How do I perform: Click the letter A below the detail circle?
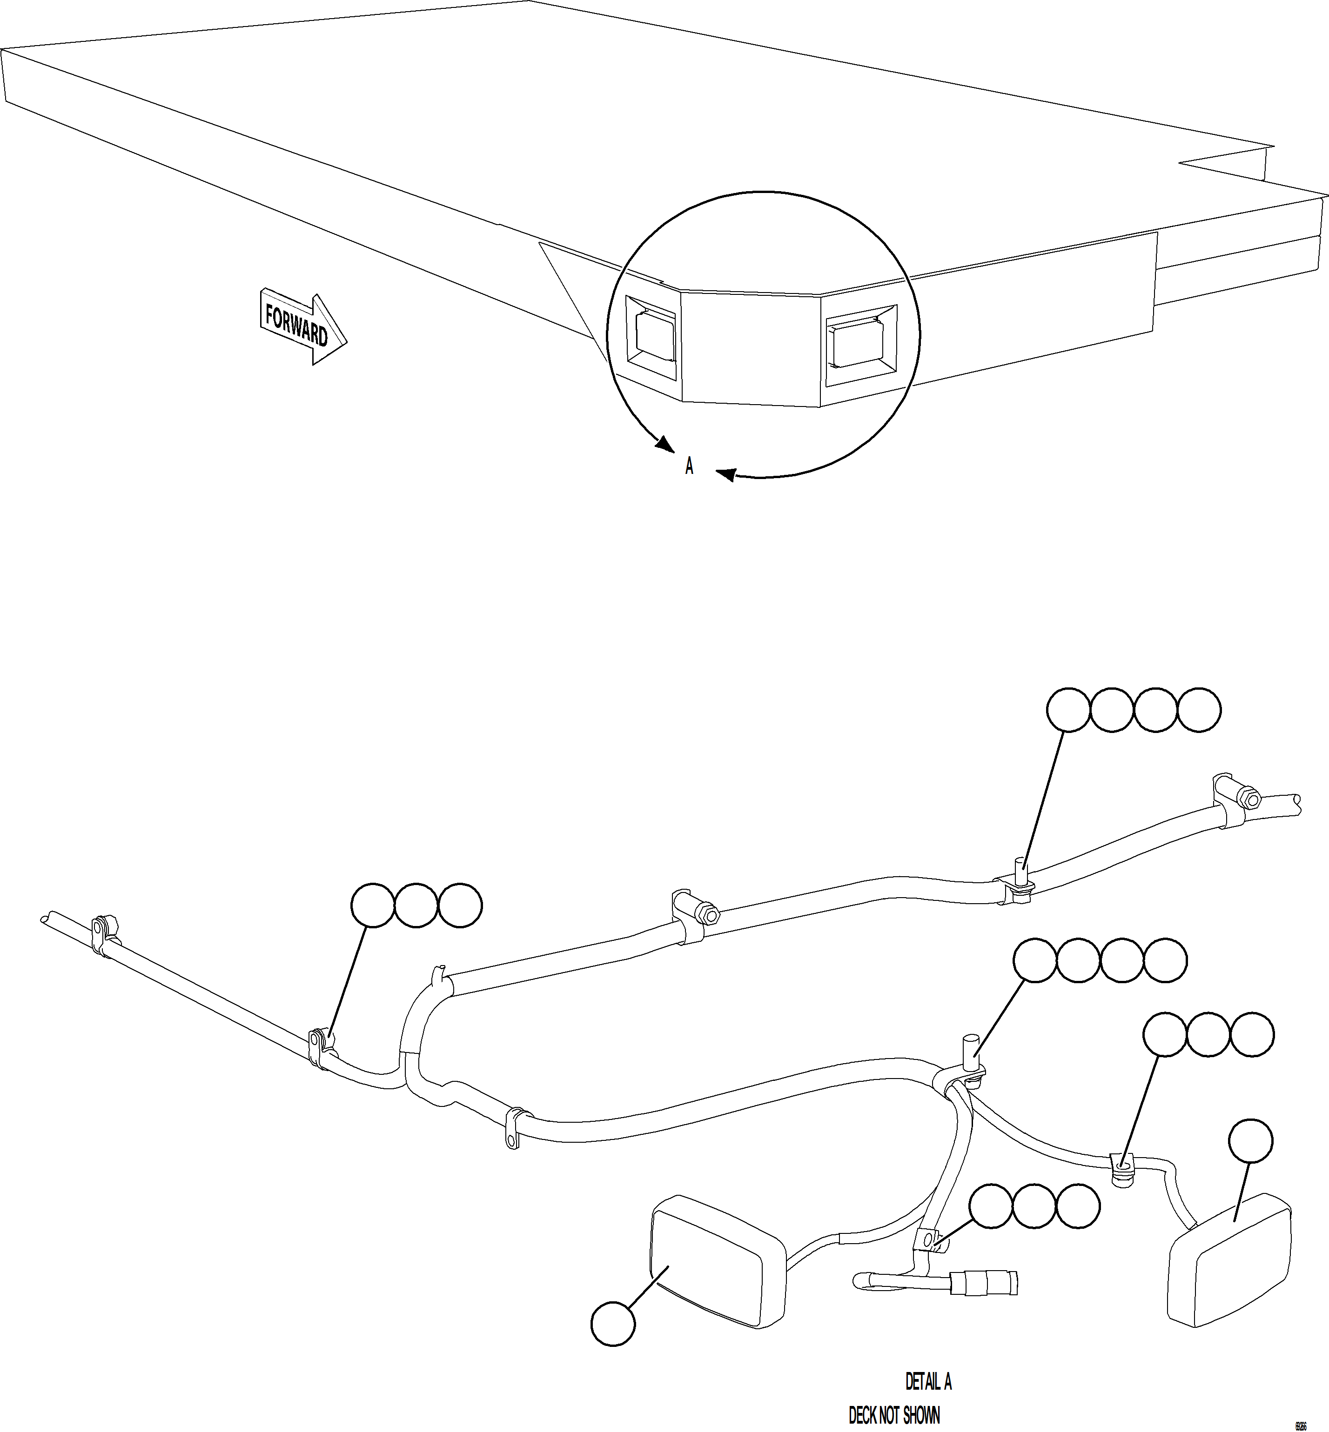click(x=689, y=466)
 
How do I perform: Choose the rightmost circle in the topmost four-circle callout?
click(x=1199, y=710)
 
